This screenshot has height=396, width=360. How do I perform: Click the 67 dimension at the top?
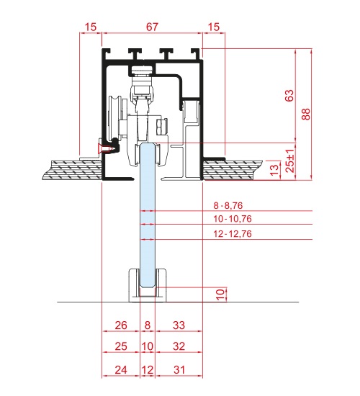(152, 27)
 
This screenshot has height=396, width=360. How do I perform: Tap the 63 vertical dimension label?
(289, 96)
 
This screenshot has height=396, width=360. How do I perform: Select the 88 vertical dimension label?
(306, 114)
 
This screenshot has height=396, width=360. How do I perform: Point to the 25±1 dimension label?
(290, 161)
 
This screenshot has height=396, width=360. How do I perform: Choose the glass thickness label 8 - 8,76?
(228, 206)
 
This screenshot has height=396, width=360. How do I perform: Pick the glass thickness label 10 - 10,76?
(233, 219)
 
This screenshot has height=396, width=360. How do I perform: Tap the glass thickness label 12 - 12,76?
(233, 234)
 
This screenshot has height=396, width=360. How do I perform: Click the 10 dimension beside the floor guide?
(220, 294)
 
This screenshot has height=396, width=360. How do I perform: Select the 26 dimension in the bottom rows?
(121, 325)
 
